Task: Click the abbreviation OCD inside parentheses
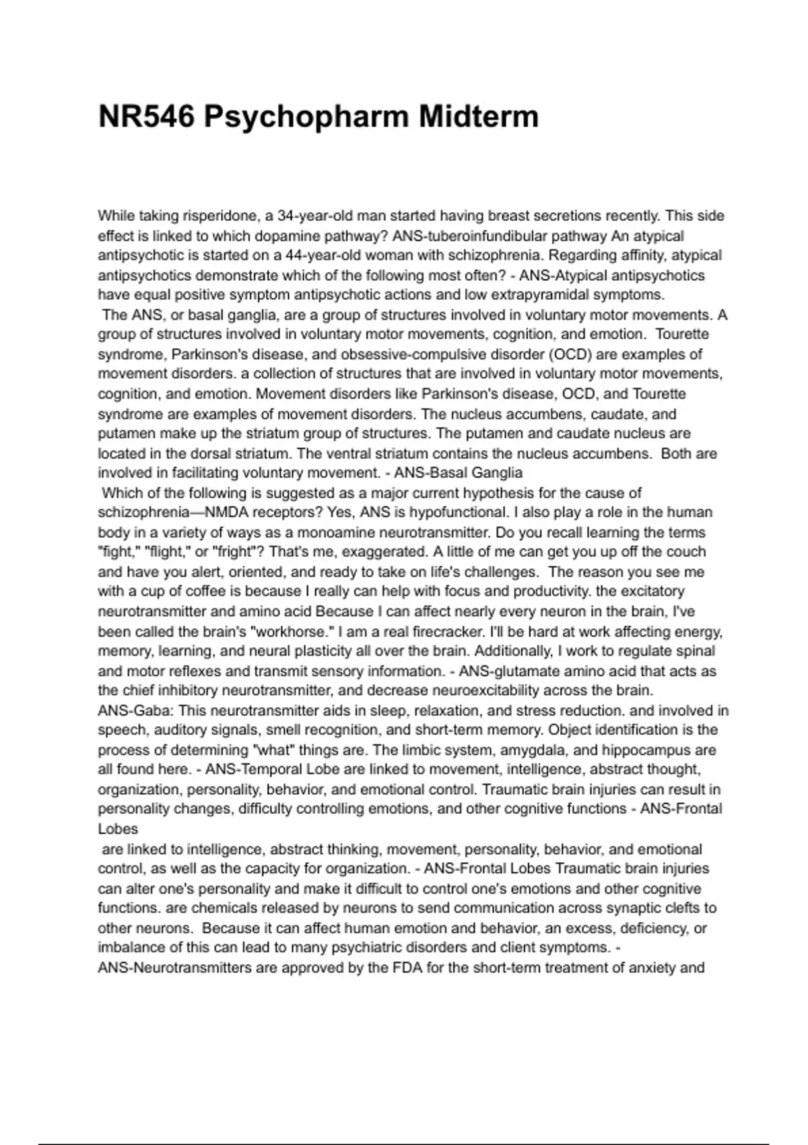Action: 570,354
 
